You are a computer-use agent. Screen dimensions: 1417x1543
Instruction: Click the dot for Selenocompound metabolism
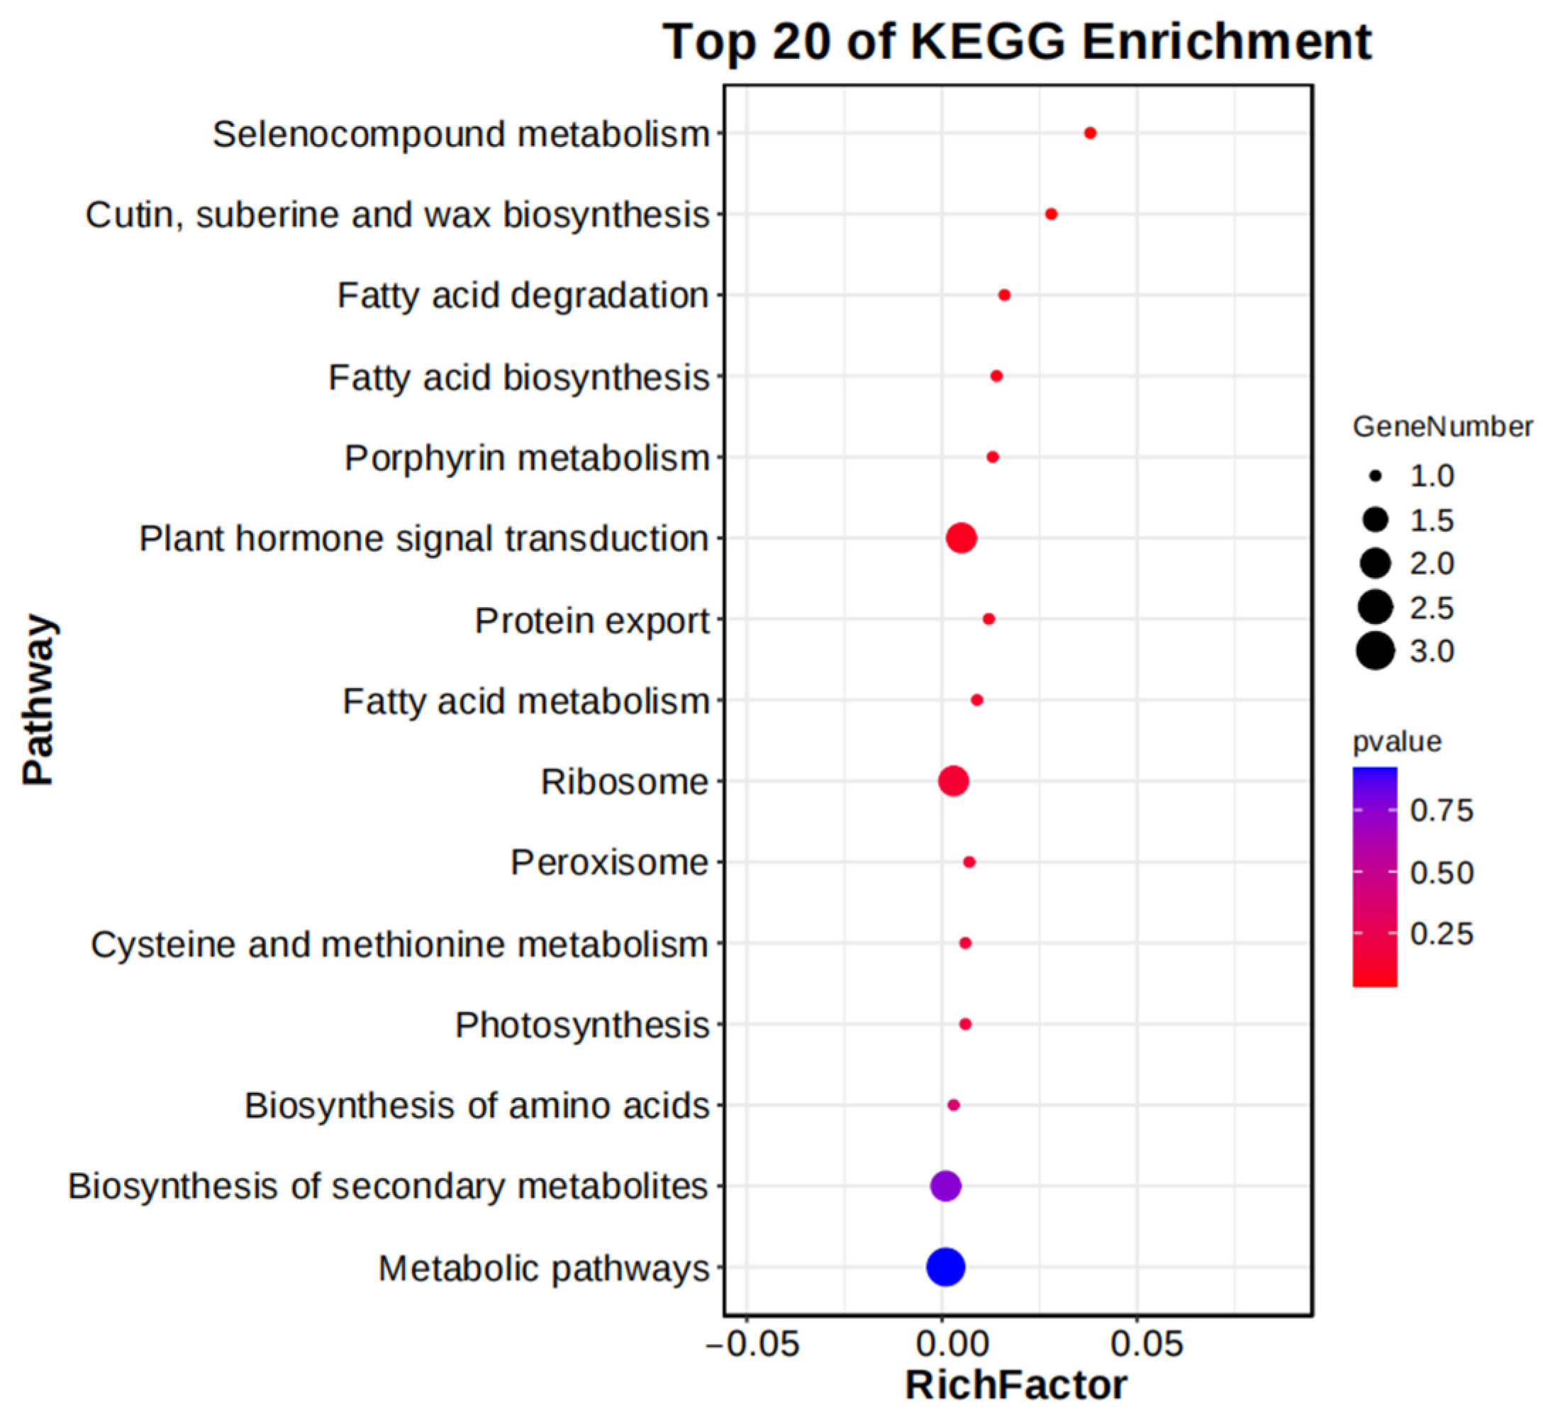coord(1090,133)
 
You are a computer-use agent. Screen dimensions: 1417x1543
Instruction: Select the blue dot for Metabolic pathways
coord(946,1267)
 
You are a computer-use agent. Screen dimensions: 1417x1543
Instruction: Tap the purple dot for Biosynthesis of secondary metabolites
coord(946,1187)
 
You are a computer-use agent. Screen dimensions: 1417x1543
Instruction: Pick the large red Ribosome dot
coord(954,782)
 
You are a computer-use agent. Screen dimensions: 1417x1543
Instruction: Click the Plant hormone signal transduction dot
coord(962,538)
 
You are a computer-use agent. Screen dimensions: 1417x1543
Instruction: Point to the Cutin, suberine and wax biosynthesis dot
coord(1051,214)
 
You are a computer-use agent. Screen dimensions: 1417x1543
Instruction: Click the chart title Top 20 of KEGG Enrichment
coord(1017,41)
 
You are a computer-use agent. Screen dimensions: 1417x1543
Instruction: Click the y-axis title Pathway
coord(38,699)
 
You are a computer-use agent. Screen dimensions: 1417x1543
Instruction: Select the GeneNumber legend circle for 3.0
coord(1375,652)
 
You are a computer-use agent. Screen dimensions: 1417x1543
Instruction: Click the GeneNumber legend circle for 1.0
coord(1376,476)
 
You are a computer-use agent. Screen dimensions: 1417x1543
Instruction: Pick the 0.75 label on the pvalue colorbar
coord(1441,811)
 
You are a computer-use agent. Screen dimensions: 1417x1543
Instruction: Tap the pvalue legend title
coord(1397,741)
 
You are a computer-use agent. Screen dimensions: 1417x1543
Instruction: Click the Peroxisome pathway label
coord(609,862)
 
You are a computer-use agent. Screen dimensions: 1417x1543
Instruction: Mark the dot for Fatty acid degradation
coord(1004,295)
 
